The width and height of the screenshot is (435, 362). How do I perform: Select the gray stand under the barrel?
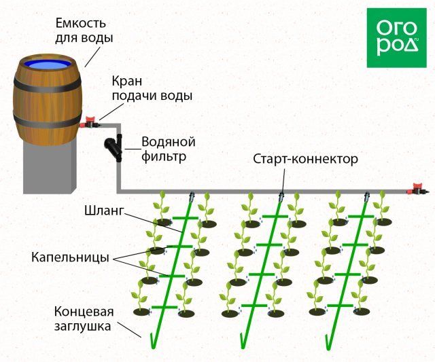[48, 166]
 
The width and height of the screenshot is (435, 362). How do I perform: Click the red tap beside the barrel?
[89, 124]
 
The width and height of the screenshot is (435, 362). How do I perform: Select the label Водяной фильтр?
[168, 149]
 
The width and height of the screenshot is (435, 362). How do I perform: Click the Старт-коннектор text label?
[304, 160]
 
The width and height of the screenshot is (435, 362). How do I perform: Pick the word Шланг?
[105, 211]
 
